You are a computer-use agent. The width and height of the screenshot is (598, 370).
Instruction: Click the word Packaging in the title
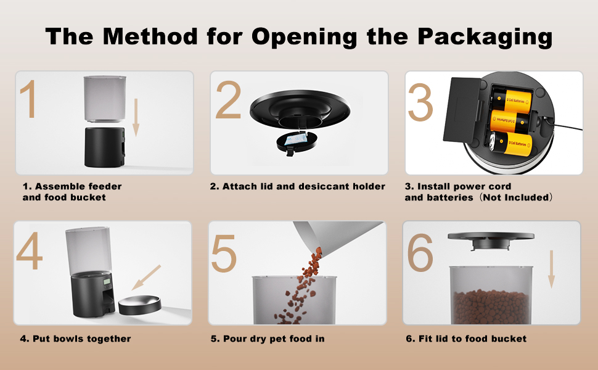click(x=485, y=38)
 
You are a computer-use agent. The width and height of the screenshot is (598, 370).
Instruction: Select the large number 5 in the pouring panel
click(x=224, y=253)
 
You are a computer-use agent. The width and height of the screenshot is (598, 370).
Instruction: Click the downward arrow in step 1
click(x=136, y=117)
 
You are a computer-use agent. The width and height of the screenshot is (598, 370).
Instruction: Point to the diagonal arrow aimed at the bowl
click(x=147, y=277)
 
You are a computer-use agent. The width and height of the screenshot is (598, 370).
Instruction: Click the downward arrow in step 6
click(x=551, y=269)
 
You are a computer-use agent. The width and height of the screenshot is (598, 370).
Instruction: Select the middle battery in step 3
click(x=509, y=121)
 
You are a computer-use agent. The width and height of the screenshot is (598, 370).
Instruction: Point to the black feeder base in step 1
click(x=104, y=147)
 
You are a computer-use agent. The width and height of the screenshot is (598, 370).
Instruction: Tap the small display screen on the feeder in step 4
click(x=107, y=282)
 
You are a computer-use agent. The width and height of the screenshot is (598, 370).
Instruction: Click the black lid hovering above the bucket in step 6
click(x=491, y=240)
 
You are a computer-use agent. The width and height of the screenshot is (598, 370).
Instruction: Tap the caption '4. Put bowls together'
click(x=75, y=339)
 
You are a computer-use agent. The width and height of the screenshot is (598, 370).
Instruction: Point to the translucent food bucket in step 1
click(x=105, y=99)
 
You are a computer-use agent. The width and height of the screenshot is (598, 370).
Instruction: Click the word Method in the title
click(x=150, y=36)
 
